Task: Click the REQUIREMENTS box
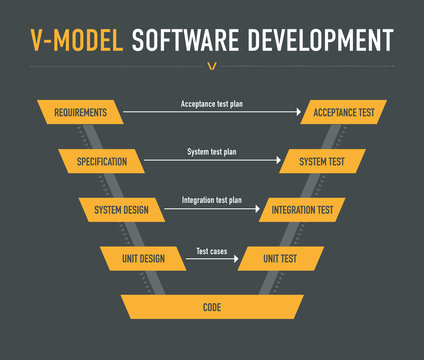[80, 112]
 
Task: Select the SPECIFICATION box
[101, 161]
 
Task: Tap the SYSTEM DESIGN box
[121, 210]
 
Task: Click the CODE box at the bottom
[211, 307]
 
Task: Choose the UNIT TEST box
[279, 258]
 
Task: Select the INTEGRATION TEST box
[303, 210]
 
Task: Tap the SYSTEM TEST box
[323, 161]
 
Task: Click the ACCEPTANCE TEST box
[344, 112]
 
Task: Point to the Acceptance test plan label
[211, 103]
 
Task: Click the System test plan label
[212, 152]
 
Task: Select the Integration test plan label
[212, 200]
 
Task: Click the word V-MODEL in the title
[76, 40]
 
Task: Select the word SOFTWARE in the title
[189, 40]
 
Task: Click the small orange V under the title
[212, 67]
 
